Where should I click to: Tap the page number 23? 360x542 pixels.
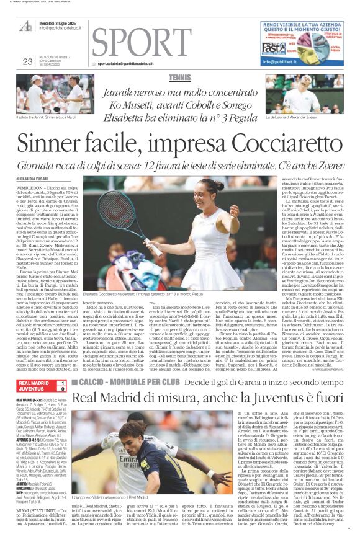tap(27, 61)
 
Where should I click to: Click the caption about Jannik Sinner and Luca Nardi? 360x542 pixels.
tap(50, 117)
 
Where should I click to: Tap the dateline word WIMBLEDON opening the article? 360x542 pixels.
tap(30, 185)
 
